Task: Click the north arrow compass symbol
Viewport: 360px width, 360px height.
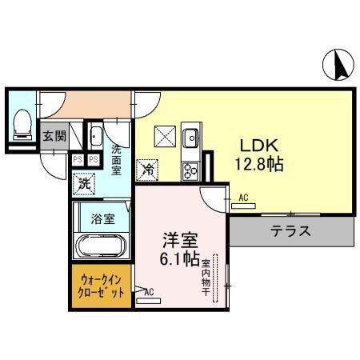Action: [338, 64]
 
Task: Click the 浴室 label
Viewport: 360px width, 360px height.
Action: [102, 218]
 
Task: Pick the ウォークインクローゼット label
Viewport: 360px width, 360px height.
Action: [101, 286]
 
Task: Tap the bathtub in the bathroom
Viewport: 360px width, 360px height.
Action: [102, 246]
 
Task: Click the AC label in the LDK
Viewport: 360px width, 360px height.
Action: [243, 197]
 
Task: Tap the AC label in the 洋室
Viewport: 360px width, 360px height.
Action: [148, 293]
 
